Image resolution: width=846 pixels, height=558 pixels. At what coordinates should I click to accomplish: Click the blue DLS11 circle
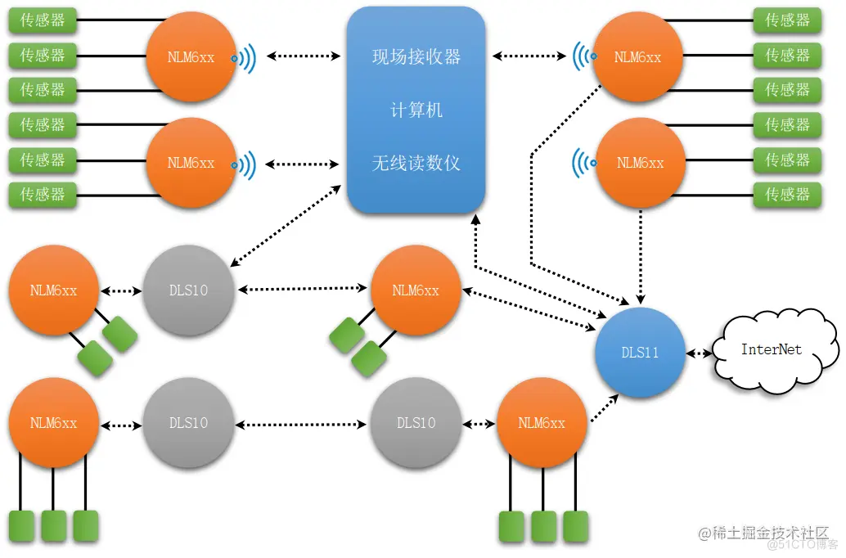coord(640,353)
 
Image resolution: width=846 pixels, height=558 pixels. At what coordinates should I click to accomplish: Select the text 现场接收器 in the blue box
coord(416,57)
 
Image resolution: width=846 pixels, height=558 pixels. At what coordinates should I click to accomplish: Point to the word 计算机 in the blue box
coord(416,110)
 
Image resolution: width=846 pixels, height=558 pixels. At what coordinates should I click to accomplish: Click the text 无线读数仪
coord(416,163)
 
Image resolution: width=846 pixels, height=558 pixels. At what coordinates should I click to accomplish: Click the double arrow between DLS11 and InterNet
coord(698,353)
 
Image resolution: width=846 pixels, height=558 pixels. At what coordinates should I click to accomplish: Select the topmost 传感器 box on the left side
coord(43,20)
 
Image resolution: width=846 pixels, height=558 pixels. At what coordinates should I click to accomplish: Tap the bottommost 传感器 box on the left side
coord(43,194)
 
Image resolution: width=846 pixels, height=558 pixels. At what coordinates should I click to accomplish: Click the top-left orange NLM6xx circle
coord(191,57)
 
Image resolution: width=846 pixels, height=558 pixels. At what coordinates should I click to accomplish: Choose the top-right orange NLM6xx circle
coord(637,57)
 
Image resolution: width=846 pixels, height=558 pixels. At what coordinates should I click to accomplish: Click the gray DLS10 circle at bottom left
coord(188,423)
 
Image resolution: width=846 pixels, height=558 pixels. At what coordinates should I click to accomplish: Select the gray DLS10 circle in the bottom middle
coord(416,423)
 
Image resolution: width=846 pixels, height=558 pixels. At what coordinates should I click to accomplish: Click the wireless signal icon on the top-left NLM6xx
coord(245,57)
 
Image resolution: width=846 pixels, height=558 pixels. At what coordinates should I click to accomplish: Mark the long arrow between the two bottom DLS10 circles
coord(302,424)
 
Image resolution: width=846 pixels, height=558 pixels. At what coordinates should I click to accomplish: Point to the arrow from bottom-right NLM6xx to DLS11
coord(604,408)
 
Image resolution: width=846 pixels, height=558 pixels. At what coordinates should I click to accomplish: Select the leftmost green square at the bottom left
coord(20,524)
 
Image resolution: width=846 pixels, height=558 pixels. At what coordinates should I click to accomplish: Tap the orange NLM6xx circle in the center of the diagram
coord(416,290)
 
